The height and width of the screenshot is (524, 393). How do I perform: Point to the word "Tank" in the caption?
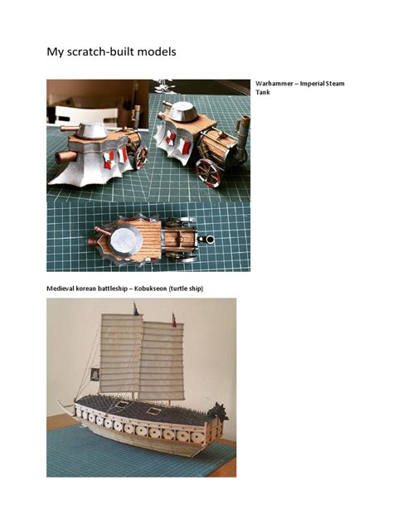[264, 94]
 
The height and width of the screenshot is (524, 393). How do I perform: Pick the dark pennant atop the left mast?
[135, 310]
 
